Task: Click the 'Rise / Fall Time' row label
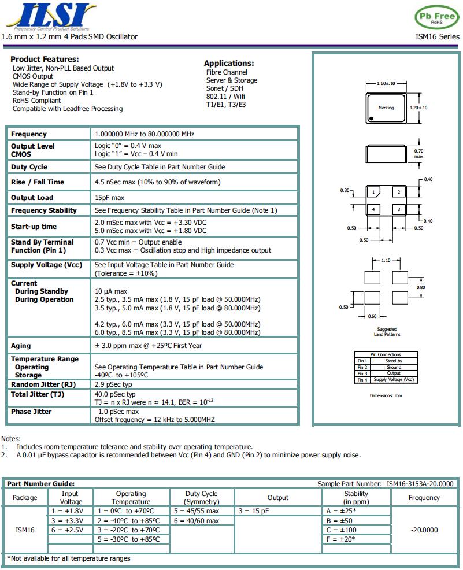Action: point(38,182)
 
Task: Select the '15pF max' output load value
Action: point(110,198)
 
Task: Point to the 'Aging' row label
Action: point(21,346)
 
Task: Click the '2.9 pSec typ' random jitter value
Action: point(113,384)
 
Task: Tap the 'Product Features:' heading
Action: point(45,59)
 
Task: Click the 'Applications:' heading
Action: point(229,63)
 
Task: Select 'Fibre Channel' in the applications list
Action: point(227,72)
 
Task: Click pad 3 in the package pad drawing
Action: point(398,209)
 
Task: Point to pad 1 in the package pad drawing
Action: point(375,192)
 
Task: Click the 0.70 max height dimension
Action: point(418,153)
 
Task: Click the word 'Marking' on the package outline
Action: point(386,108)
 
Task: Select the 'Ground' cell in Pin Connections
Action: point(394,367)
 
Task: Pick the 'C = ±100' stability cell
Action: point(341,530)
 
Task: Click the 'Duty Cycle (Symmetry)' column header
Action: point(201,498)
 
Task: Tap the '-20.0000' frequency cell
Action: point(424,530)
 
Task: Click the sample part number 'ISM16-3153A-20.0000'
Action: point(420,484)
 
